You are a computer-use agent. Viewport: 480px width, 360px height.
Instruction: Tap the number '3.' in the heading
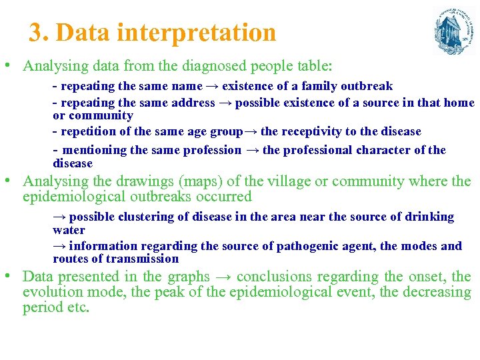39,32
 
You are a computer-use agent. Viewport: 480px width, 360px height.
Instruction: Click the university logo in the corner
453,31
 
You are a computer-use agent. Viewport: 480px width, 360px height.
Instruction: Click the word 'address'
193,103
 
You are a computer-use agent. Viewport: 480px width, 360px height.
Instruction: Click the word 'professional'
320,150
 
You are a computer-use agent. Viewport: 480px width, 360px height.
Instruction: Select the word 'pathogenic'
304,246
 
